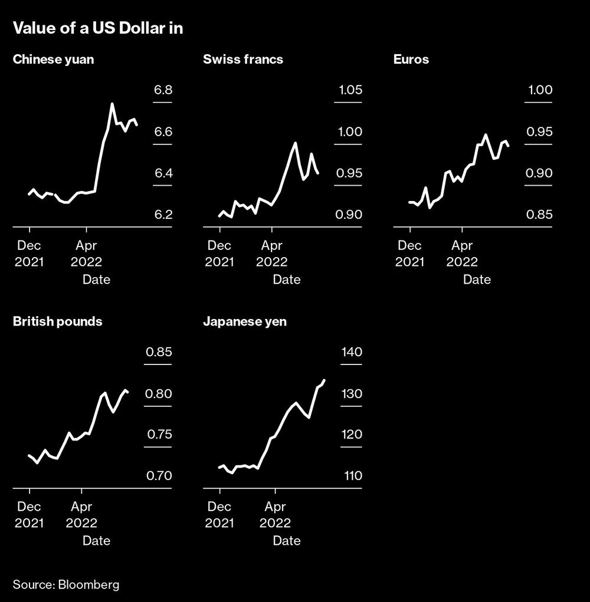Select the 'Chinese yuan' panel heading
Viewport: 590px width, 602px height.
tap(53, 60)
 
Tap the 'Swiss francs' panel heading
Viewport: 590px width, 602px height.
tap(243, 60)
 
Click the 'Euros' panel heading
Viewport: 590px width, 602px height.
tap(411, 60)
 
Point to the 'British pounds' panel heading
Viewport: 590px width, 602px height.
tap(57, 321)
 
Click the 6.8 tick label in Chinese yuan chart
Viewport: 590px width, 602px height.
tap(163, 91)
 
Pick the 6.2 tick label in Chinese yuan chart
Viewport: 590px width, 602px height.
tap(163, 215)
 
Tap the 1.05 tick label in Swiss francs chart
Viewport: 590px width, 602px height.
tap(350, 91)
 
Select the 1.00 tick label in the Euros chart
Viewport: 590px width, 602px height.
tap(540, 91)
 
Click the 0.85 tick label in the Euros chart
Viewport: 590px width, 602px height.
tap(540, 215)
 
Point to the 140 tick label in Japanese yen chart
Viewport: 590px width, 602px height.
tap(350, 353)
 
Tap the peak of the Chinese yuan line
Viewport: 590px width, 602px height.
tap(112, 104)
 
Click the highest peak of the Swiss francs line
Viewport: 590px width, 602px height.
tap(295, 143)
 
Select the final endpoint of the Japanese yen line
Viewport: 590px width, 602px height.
tap(324, 380)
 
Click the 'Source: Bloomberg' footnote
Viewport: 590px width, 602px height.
tap(66, 585)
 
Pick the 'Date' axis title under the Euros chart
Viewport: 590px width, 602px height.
tap(477, 279)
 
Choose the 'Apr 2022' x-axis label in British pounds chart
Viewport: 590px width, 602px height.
tap(81, 514)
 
